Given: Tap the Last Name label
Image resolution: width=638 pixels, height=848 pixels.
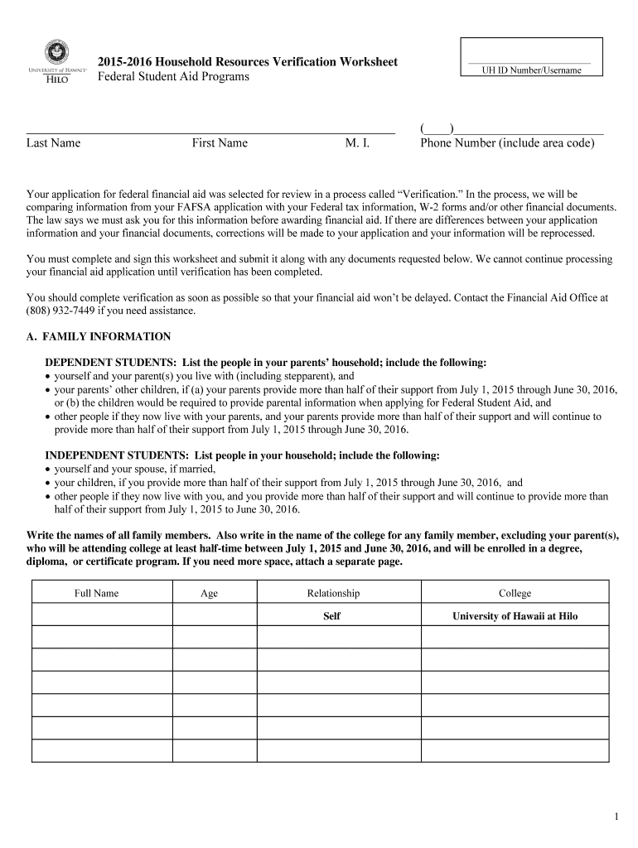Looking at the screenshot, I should point(53,143).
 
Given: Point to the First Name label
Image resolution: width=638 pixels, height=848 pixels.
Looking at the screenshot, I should point(220,143).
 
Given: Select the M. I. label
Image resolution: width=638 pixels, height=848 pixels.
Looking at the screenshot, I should point(357,143).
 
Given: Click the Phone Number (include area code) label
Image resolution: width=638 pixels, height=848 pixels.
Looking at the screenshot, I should point(507,143).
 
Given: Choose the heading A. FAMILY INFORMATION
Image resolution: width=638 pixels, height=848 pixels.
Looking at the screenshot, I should point(99,337).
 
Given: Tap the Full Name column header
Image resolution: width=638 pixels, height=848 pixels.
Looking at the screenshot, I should point(96,593).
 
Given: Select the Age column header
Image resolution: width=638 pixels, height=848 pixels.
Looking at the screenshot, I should point(209,593).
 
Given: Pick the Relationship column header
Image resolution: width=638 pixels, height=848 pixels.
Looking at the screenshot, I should point(333,593).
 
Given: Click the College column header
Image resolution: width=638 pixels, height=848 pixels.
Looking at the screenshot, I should point(515,593).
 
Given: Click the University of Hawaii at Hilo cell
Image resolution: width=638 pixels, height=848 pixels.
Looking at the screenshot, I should point(515,616).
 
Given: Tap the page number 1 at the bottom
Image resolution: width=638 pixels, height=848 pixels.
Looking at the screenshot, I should point(616,818).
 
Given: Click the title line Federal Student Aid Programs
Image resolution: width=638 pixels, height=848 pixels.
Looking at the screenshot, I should point(173,77).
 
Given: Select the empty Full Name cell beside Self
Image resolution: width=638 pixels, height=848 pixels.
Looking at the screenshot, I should point(102,616).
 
